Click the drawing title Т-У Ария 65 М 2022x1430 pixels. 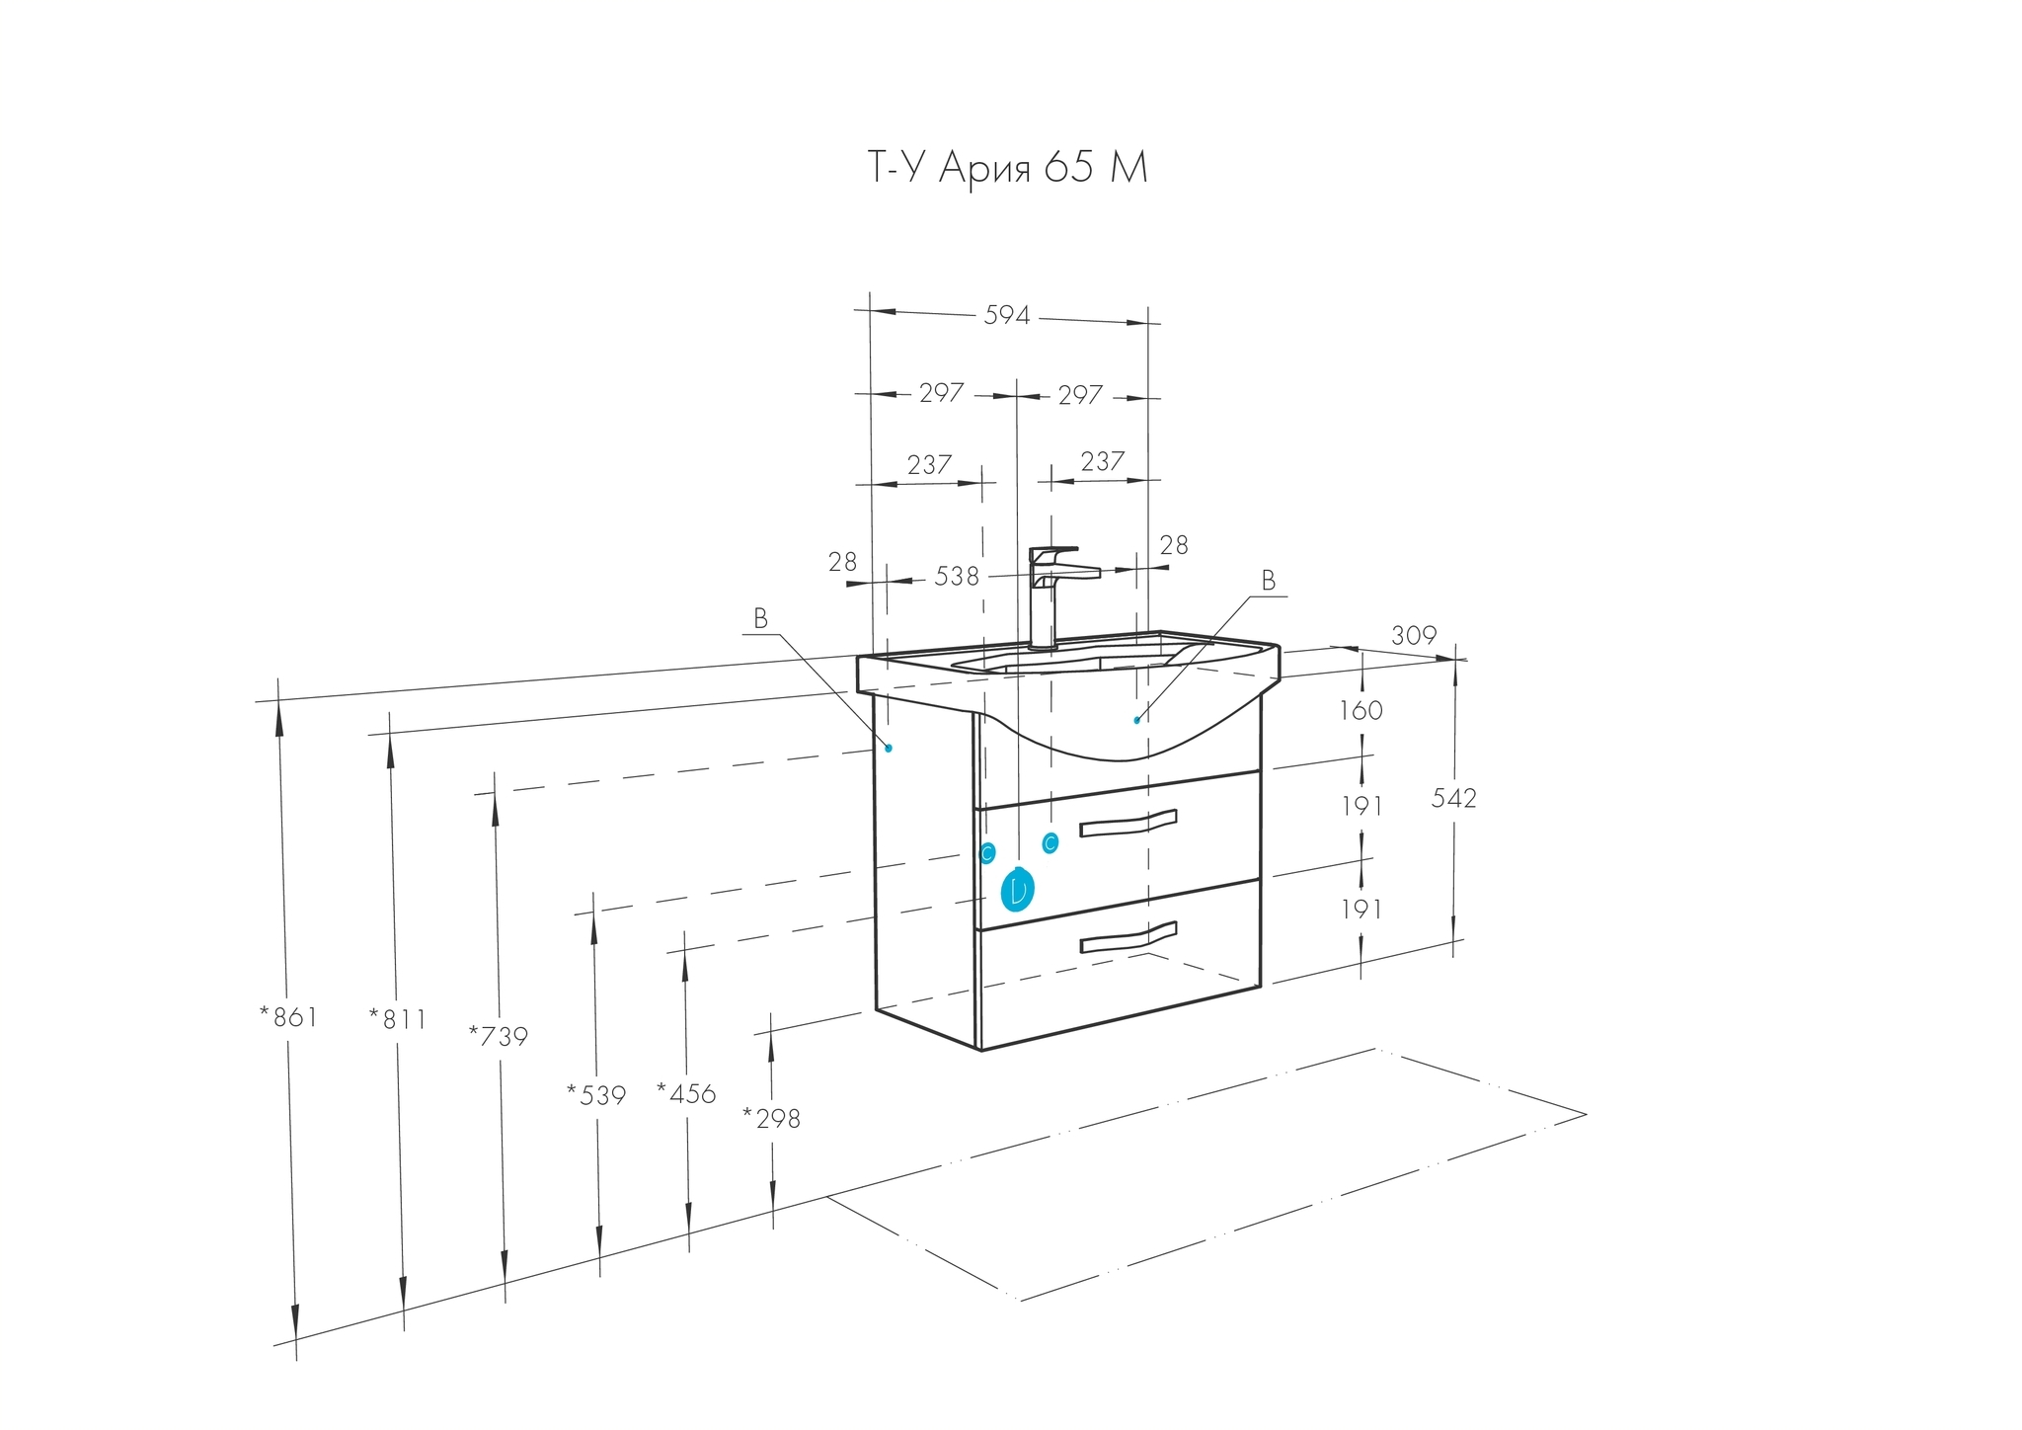point(1007,169)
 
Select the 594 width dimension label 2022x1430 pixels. point(1007,315)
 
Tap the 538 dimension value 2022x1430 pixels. point(957,576)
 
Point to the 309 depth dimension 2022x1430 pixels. point(1414,636)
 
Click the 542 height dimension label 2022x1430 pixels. point(1453,798)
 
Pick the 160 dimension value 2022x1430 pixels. point(1361,710)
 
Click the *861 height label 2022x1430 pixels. point(288,1017)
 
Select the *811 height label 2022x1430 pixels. point(397,1019)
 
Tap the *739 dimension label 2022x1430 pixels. point(499,1036)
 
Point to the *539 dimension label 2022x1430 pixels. point(596,1094)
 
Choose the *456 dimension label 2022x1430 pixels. point(686,1092)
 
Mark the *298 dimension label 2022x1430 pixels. point(771,1119)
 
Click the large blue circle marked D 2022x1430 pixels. point(1017,890)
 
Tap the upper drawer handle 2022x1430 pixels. point(1128,823)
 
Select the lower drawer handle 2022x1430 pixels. point(1128,937)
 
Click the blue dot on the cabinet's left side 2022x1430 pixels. point(889,749)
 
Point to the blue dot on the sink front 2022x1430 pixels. point(1137,720)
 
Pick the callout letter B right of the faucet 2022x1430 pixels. point(1269,581)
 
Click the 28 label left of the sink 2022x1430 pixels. point(843,562)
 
